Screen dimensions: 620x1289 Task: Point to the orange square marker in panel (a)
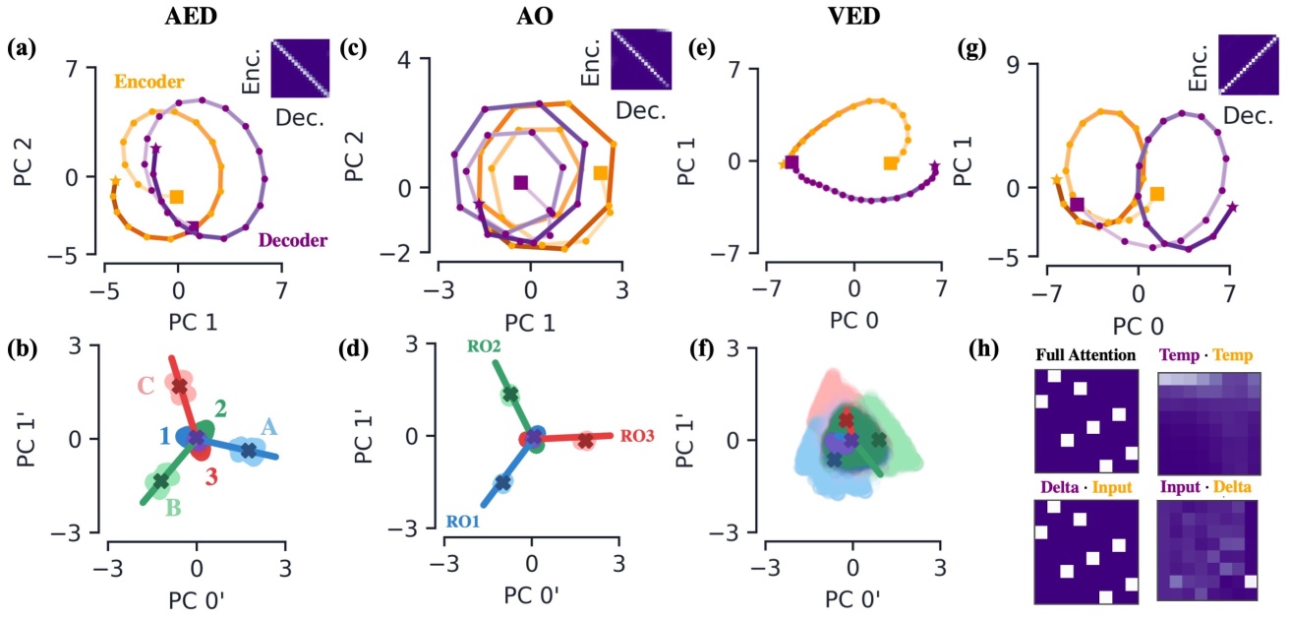click(177, 196)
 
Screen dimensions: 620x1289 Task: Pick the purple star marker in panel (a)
click(155, 149)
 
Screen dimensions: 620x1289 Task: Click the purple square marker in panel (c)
click(521, 182)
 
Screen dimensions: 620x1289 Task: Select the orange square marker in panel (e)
click(890, 162)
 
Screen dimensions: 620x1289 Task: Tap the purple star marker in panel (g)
click(1232, 207)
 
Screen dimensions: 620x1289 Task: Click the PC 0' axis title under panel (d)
click(531, 593)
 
